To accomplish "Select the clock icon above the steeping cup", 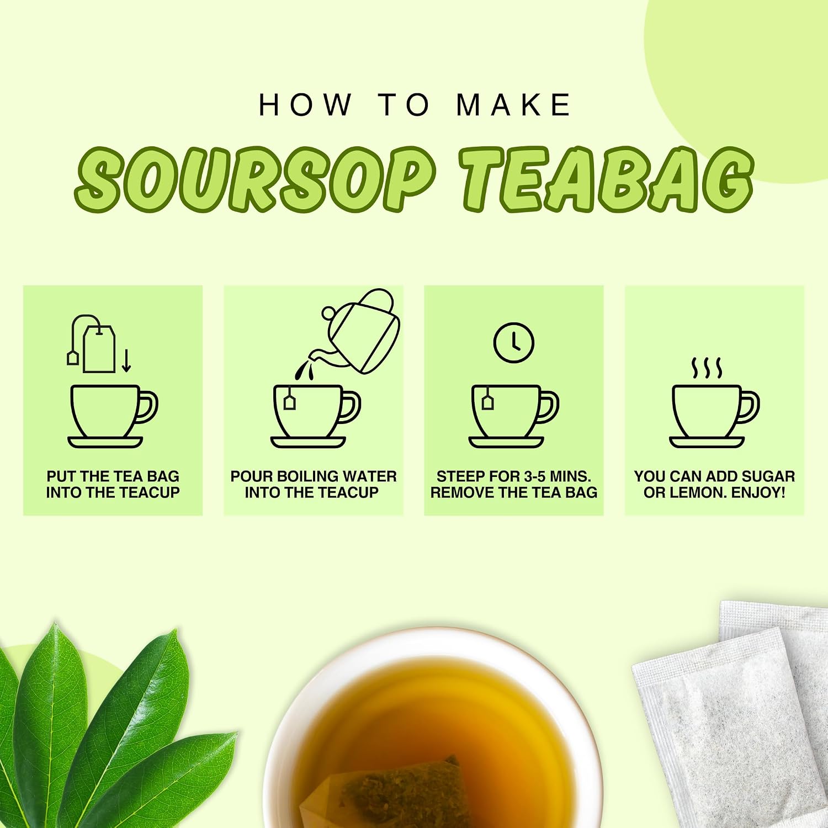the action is pyautogui.click(x=513, y=343).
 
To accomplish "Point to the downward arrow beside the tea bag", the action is pyautogui.click(x=126, y=360).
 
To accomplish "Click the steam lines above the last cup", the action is pyautogui.click(x=707, y=368).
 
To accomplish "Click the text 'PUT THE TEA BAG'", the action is pyautogui.click(x=113, y=476).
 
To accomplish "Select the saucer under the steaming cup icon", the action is pyautogui.click(x=707, y=442).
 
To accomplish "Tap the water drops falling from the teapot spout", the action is pyautogui.click(x=303, y=369).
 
